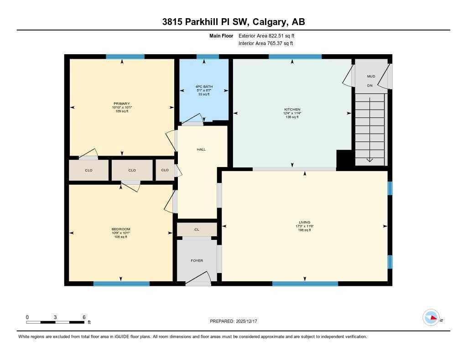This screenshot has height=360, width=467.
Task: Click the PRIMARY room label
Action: (x=121, y=103)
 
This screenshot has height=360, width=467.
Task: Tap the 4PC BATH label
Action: (x=204, y=86)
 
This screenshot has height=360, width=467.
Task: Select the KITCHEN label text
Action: (x=292, y=110)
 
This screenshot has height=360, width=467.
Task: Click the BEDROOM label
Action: (x=121, y=229)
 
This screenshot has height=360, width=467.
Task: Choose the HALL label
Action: (x=201, y=149)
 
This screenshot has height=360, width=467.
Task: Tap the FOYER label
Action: (x=197, y=261)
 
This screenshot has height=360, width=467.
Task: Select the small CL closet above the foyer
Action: (x=197, y=230)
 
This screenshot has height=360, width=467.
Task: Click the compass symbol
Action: (x=431, y=318)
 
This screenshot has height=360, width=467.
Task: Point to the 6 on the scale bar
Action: (x=84, y=317)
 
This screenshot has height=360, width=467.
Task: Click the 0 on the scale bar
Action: (x=27, y=317)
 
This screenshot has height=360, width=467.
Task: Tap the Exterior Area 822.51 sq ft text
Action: (x=270, y=35)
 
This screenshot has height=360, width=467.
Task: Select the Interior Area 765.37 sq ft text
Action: (x=265, y=44)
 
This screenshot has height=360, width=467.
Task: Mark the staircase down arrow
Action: (x=369, y=159)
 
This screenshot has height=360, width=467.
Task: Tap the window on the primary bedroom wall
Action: (x=125, y=57)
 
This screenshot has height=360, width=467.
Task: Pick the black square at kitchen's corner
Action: (x=343, y=159)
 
